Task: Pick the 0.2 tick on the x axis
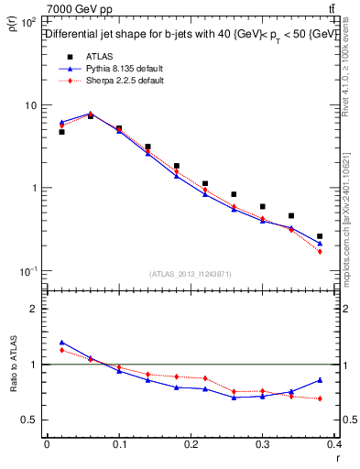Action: [191, 445]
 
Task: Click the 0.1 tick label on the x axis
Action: [119, 445]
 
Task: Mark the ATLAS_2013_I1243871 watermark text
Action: [190, 274]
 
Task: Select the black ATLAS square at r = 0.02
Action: [61, 132]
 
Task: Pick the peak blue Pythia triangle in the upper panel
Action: [90, 114]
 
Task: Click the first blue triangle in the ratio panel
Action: [61, 342]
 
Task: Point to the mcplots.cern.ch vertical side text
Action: [349, 211]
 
